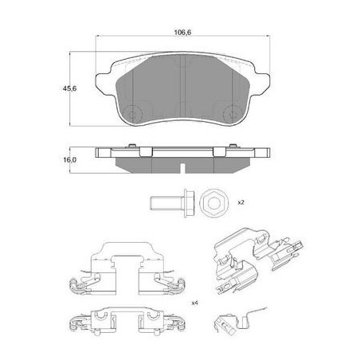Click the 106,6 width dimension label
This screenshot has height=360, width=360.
(182, 33)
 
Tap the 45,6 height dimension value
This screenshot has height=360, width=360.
(69, 88)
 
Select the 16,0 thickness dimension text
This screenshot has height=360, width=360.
(70, 160)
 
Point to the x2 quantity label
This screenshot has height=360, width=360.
(241, 202)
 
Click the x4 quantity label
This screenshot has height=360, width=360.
(195, 303)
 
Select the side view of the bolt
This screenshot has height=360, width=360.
(173, 203)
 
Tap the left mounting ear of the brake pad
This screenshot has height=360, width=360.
(104, 82)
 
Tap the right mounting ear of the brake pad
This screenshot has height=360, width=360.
(261, 82)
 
